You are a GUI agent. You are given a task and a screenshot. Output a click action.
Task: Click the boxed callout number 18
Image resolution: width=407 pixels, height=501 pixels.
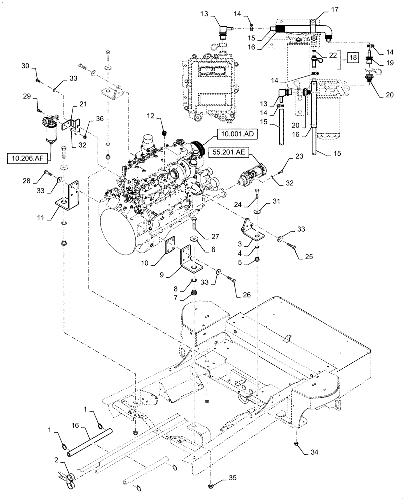tap(353, 58)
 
